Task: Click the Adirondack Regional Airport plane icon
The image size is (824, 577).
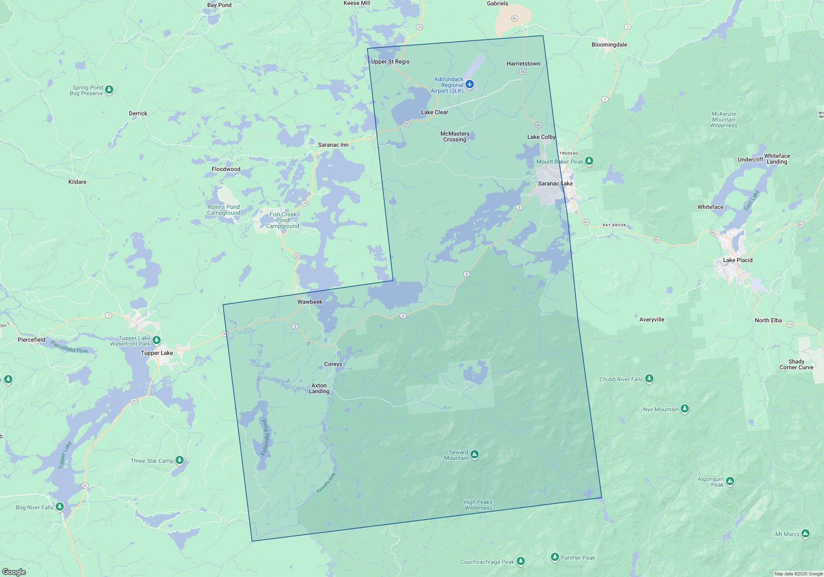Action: pyautogui.click(x=470, y=84)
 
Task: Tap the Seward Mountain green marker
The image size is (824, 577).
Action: pyautogui.click(x=475, y=455)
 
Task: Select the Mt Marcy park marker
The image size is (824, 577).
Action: pyautogui.click(x=805, y=534)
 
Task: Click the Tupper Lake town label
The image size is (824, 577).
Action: pyautogui.click(x=157, y=353)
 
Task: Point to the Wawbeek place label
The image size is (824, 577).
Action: pyautogui.click(x=310, y=302)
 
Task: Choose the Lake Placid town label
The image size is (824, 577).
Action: pyautogui.click(x=737, y=260)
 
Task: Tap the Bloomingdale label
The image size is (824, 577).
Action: pyautogui.click(x=609, y=45)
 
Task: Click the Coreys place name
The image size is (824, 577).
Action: pyautogui.click(x=333, y=364)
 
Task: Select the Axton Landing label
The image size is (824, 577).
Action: pyautogui.click(x=319, y=388)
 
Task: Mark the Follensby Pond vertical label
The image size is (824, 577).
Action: pyautogui.click(x=265, y=437)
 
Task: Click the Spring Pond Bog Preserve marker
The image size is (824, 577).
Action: pyautogui.click(x=109, y=89)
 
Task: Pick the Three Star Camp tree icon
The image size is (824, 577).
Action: pyautogui.click(x=179, y=460)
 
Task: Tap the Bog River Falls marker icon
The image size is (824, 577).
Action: pyautogui.click(x=60, y=506)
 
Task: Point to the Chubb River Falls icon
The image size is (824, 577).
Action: pyautogui.click(x=649, y=378)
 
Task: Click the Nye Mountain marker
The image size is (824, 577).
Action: pyautogui.click(x=685, y=409)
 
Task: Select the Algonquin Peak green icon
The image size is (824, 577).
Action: pyautogui.click(x=730, y=481)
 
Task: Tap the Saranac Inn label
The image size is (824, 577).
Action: pyautogui.click(x=333, y=145)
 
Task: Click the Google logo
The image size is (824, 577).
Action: pyautogui.click(x=14, y=572)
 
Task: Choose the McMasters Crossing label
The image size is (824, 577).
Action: pyautogui.click(x=455, y=136)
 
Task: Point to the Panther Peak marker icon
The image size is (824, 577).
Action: pyautogui.click(x=555, y=557)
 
